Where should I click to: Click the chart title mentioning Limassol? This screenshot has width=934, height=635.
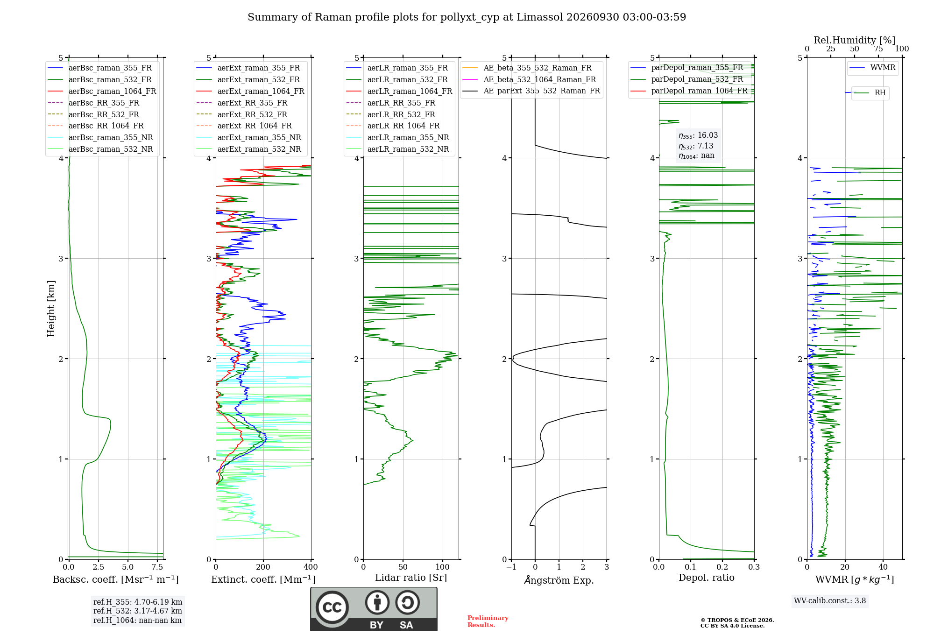coord(467,17)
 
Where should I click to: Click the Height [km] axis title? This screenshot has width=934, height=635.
coord(51,309)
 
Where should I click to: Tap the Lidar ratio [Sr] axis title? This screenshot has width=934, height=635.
coord(411,578)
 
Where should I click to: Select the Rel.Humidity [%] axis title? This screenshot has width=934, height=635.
coord(855,40)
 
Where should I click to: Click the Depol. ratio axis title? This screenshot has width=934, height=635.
coord(707,578)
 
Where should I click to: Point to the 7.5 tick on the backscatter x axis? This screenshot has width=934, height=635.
coord(157,567)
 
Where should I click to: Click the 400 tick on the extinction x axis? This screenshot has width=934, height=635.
coord(311,567)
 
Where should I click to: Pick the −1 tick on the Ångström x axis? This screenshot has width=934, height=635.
coord(511,567)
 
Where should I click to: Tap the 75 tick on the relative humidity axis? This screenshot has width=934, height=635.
coord(878,49)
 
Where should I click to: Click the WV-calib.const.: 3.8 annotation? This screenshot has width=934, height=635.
coord(830,601)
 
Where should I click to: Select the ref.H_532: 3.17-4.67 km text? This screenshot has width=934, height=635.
coord(138,611)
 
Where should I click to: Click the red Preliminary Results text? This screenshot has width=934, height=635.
coord(488,621)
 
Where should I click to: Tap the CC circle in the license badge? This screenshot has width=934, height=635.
coord(332,607)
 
